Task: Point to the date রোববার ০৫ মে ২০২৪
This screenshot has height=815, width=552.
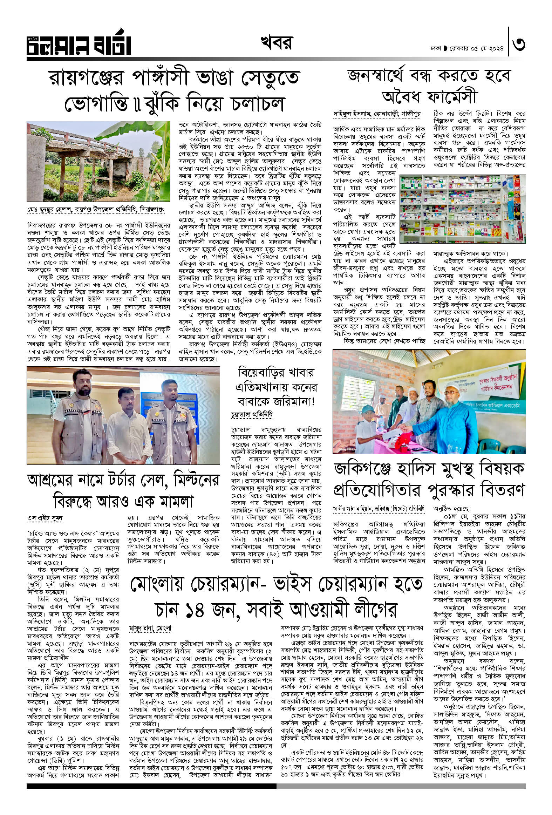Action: (x=478, y=48)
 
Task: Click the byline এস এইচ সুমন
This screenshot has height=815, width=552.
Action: (x=45, y=517)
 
